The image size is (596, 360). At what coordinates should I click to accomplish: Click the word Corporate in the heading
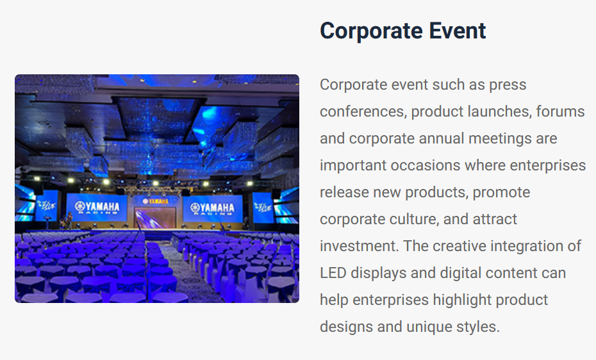click(x=371, y=31)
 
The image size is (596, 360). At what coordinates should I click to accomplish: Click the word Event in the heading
click(x=458, y=31)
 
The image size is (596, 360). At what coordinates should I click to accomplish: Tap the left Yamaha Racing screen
click(x=97, y=208)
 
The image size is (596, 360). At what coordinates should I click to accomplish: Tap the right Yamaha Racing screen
click(x=213, y=208)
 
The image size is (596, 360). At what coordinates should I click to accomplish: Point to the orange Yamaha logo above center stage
click(x=156, y=201)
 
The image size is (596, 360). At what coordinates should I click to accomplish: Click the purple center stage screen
click(x=156, y=218)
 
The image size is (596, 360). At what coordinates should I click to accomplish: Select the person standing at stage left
click(x=70, y=220)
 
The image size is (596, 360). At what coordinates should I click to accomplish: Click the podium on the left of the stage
click(x=47, y=222)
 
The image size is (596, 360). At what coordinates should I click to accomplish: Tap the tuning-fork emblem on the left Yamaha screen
click(x=80, y=206)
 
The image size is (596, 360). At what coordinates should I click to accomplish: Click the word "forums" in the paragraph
click(x=560, y=111)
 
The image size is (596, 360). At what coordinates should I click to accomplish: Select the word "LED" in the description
click(x=333, y=273)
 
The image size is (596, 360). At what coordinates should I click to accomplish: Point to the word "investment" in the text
click(x=360, y=246)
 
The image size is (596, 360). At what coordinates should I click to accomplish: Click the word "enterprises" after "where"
click(x=548, y=166)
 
